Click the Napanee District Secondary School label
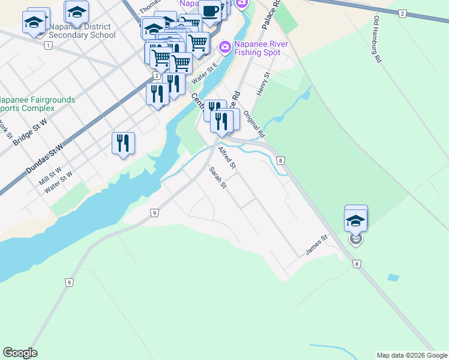(82, 31)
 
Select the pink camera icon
(224, 46)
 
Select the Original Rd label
(254, 122)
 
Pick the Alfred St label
(226, 157)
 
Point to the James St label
(317, 245)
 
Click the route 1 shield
(47, 46)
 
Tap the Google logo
(20, 353)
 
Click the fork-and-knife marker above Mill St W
(123, 143)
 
